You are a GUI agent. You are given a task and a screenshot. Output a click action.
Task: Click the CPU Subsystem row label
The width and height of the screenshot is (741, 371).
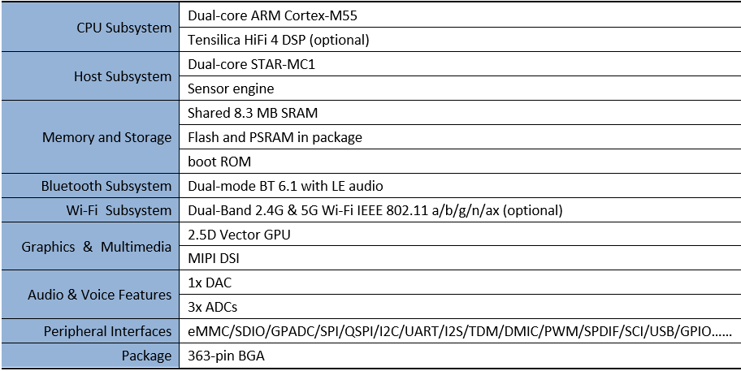[x=123, y=28]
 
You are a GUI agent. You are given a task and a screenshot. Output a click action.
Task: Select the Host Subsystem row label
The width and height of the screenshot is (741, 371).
[x=123, y=76]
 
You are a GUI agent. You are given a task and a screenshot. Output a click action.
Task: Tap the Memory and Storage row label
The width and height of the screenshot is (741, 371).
[x=106, y=137]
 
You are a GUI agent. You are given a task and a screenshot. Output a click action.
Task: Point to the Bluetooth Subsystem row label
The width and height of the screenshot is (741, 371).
[x=106, y=186]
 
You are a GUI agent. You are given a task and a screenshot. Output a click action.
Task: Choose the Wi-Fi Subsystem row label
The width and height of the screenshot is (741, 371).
[x=119, y=210]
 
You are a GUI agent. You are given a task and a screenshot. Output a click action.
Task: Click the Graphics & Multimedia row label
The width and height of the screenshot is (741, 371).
[x=97, y=247]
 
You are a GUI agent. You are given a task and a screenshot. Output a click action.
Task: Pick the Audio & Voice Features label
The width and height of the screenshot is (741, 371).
[x=99, y=295]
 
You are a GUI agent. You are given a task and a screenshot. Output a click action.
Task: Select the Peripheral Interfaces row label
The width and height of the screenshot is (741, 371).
[x=107, y=331]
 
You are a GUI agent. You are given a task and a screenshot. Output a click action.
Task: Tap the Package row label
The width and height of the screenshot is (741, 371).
[x=146, y=356]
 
